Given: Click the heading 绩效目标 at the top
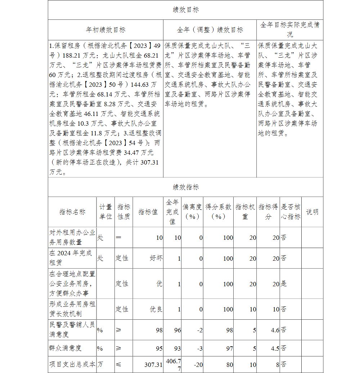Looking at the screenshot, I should (185, 10).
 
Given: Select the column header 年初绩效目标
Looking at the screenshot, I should (105, 30).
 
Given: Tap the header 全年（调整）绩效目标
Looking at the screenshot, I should (210, 30).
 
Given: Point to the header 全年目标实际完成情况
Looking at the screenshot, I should (290, 30).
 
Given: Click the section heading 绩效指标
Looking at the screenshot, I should (185, 187).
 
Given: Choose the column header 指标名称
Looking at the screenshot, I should (72, 212).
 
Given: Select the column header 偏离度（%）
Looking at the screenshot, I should (192, 212).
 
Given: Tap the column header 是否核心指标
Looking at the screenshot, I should (291, 212).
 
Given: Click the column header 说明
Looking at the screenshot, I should (312, 212).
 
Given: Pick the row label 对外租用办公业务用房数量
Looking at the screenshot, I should (72, 238).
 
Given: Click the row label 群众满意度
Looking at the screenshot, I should (65, 348).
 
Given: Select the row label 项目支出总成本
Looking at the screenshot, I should (72, 364).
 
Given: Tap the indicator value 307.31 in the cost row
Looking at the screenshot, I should (154, 365).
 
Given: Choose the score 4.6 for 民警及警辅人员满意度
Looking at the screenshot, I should (275, 330).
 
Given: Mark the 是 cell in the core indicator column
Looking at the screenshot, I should (284, 284).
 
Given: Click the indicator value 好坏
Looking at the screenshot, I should (156, 258).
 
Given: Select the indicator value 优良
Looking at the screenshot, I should (156, 309).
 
